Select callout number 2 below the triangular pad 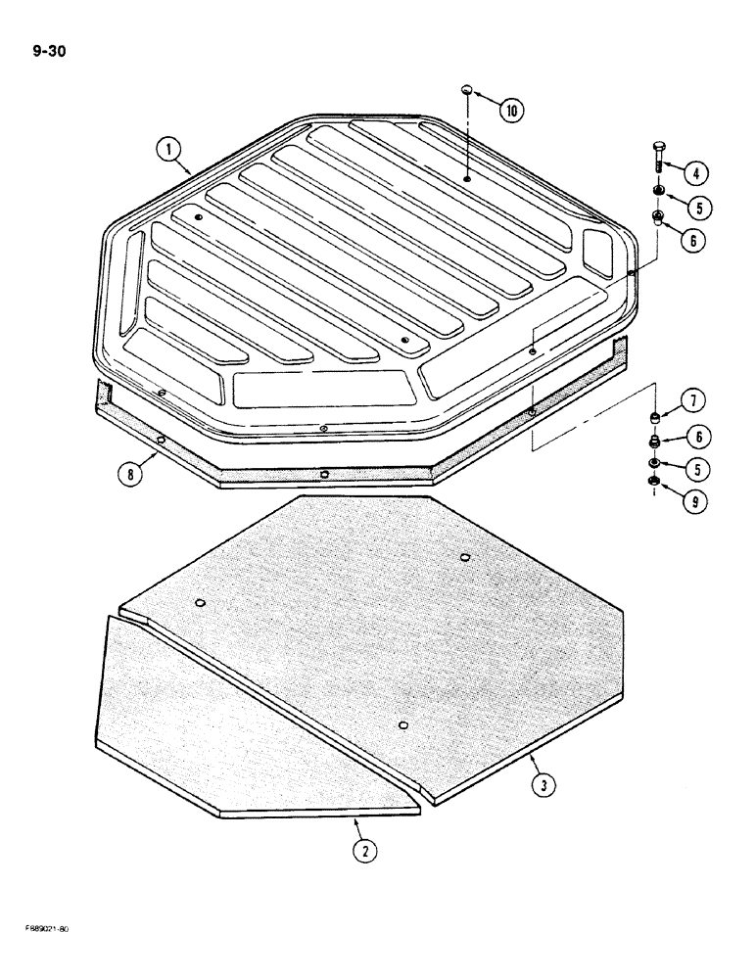click(x=363, y=853)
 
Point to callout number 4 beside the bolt click(x=696, y=174)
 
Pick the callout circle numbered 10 click(x=510, y=110)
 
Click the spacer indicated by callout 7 click(x=654, y=421)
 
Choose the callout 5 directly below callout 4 click(x=696, y=207)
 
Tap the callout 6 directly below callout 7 click(x=696, y=436)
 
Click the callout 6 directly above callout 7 click(x=696, y=239)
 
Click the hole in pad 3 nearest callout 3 click(x=403, y=724)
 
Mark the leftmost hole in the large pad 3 click(x=200, y=604)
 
